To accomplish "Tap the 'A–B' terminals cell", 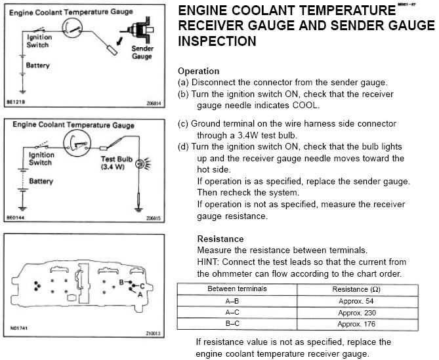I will [x=237, y=300].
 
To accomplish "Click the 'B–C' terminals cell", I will [x=237, y=324].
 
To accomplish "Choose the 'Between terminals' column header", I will [x=237, y=289].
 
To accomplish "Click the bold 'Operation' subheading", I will [x=198, y=71].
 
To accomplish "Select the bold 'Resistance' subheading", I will [x=220, y=239].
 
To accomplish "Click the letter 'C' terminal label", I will [x=142, y=286].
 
